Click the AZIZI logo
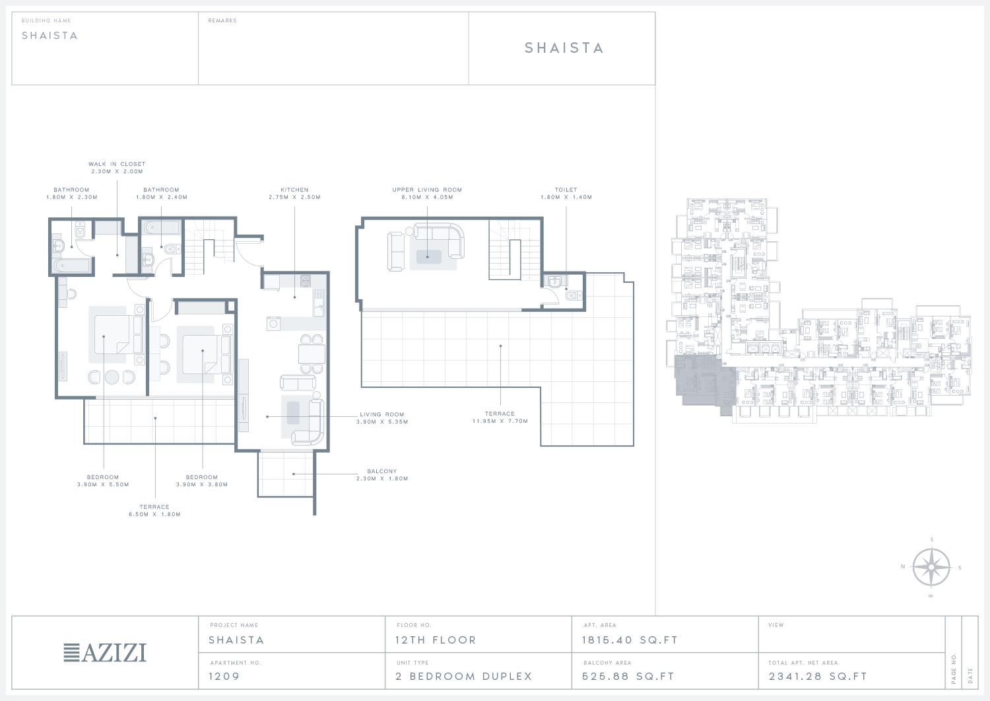coord(105,653)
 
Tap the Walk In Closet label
coord(117,168)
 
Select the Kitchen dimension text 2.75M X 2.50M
coord(294,198)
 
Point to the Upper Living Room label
coord(427,194)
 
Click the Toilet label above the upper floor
coord(566,194)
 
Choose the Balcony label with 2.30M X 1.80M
coord(382,475)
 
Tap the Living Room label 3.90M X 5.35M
coord(382,418)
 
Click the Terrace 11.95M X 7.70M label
coord(500,418)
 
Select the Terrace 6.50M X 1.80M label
coord(154,510)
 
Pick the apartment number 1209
coord(224,676)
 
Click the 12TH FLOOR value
coord(436,640)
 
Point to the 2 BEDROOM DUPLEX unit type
coord(463,676)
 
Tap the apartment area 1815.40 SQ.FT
coord(630,640)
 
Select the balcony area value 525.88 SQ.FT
coord(628,676)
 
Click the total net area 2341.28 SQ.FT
coord(818,676)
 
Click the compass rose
coord(931,568)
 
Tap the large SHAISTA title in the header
coord(564,48)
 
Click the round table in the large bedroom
coord(112,377)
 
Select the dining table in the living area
coord(312,354)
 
